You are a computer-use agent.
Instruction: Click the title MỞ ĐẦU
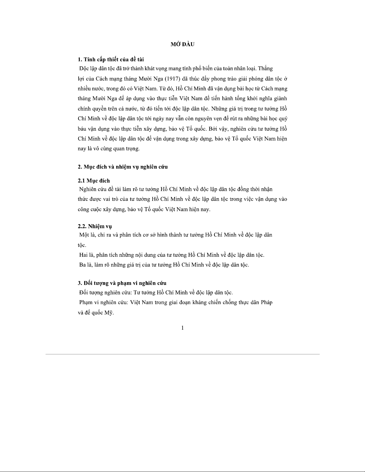coord(182,45)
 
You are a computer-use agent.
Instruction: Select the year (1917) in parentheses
coord(185,79)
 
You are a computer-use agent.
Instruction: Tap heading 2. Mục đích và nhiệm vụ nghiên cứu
coord(122,167)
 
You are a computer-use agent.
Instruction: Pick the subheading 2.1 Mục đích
coord(94,181)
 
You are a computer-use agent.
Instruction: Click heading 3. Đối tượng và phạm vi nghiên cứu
coord(122,283)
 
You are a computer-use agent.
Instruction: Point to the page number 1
coord(182,328)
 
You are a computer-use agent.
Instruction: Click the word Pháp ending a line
coord(266,303)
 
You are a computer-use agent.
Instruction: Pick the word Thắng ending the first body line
coord(265,69)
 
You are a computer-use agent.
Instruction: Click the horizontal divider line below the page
coord(182,354)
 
